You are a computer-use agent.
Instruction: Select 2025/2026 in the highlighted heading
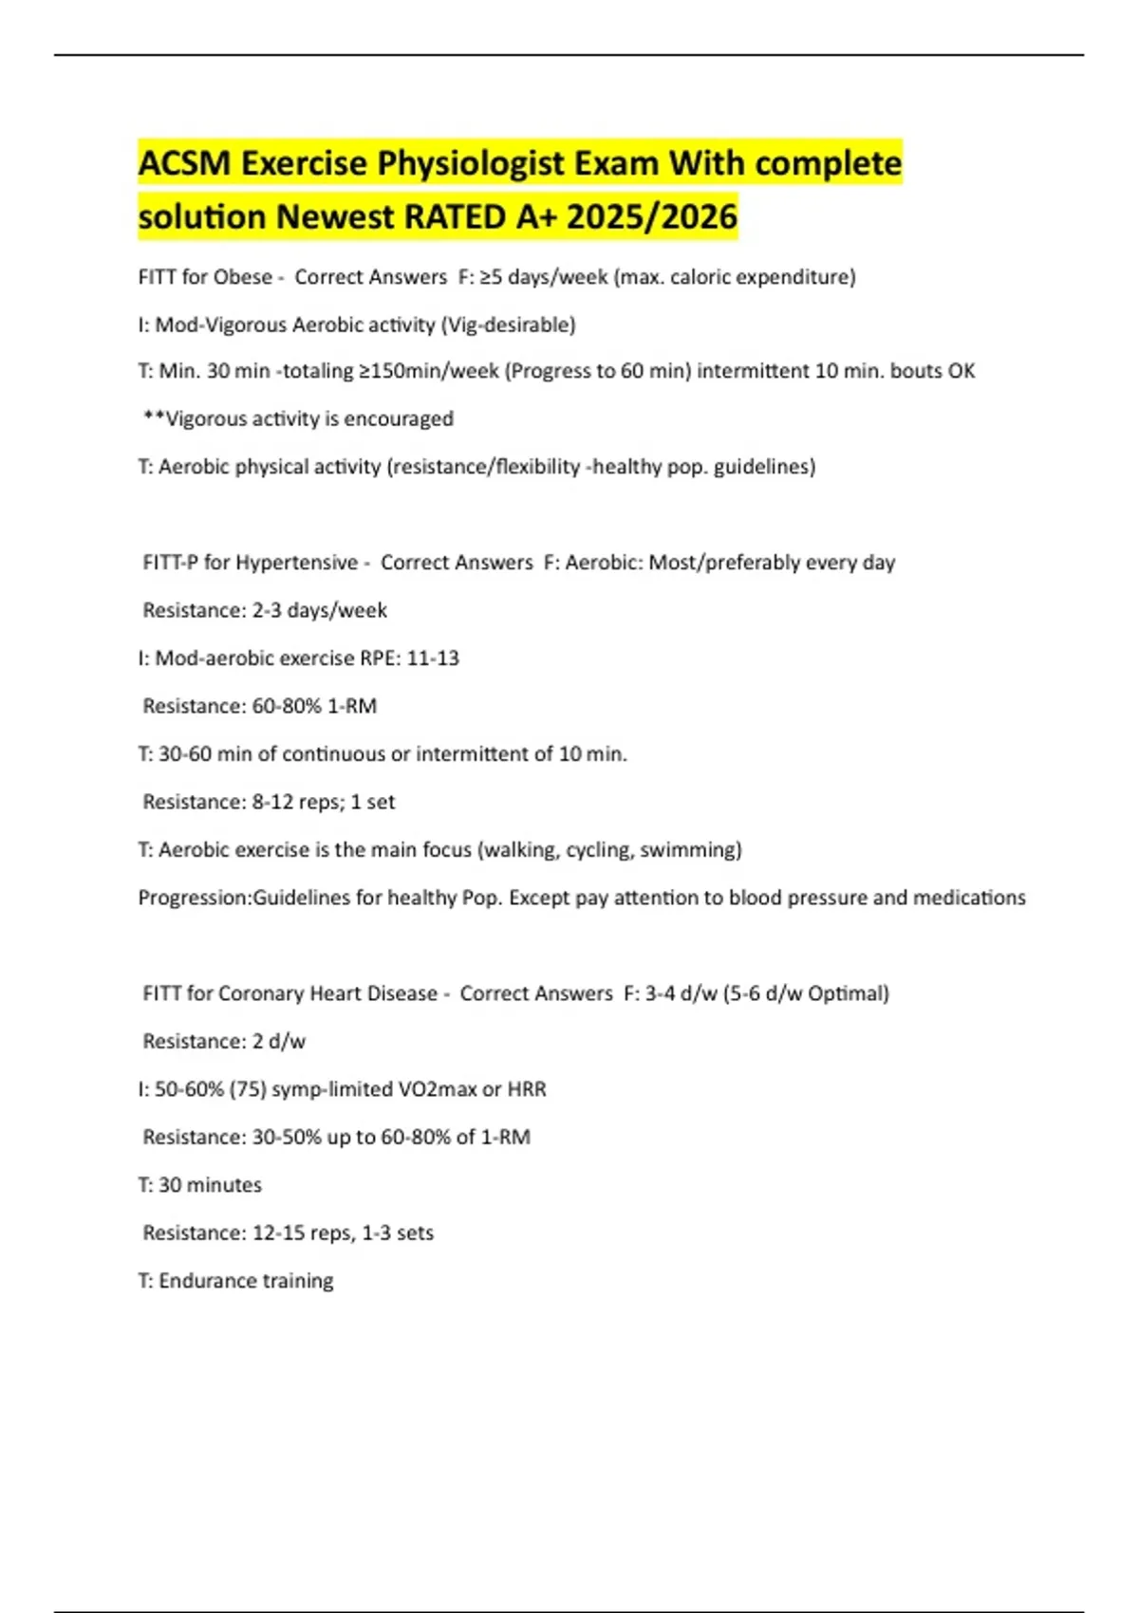(652, 217)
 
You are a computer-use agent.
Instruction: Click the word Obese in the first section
(243, 277)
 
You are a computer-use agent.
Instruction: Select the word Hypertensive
(297, 563)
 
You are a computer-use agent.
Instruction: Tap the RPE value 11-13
(433, 658)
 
